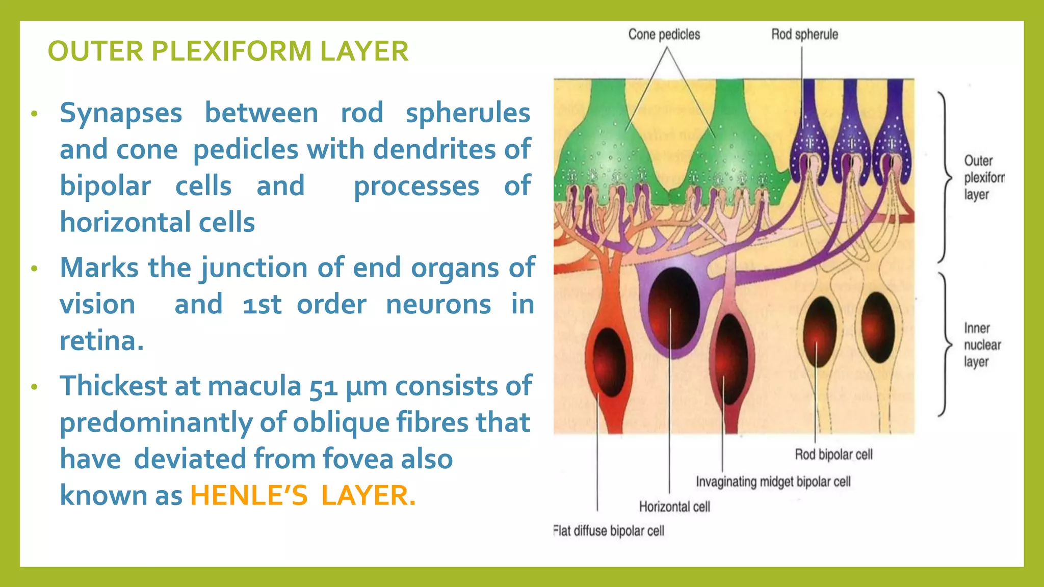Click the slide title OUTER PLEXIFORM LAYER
coord(228,51)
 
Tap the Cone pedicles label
coord(664,35)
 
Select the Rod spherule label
coord(804,35)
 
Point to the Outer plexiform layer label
coord(983,177)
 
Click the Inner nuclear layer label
coord(982,345)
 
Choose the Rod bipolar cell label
coord(833,454)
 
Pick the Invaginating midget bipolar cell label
coord(773,482)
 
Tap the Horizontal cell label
coord(674,506)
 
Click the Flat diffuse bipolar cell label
coord(609,531)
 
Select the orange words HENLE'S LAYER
coord(303,495)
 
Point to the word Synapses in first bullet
coord(121,113)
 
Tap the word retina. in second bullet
coord(101,341)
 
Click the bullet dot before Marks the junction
coord(34,269)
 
